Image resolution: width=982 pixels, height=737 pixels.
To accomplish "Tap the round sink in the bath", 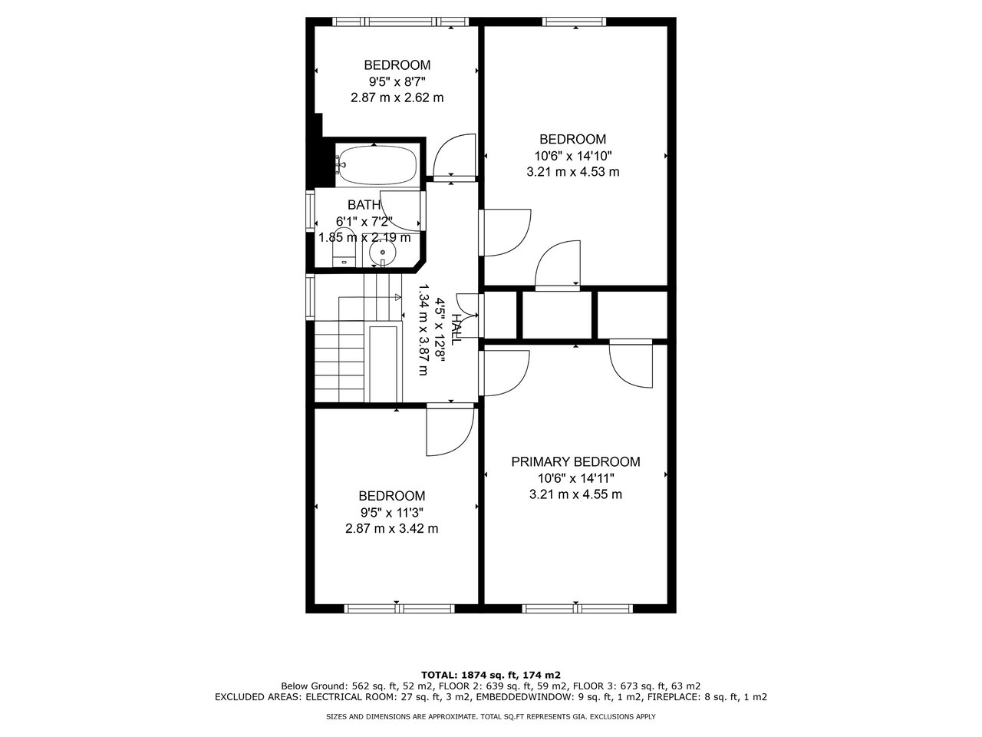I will [381, 253].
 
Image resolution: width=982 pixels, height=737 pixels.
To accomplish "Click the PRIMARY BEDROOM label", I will [575, 461].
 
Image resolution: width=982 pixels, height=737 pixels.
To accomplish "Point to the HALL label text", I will [457, 329].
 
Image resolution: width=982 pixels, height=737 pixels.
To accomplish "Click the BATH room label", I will [364, 205].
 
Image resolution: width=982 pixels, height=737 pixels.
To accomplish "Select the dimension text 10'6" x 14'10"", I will [573, 156].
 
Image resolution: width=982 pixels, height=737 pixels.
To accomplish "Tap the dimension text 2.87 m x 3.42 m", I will [392, 528].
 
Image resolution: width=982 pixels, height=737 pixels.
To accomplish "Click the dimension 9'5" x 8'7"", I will [397, 81].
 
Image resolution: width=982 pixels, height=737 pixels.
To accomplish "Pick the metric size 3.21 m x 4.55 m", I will [575, 494].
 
